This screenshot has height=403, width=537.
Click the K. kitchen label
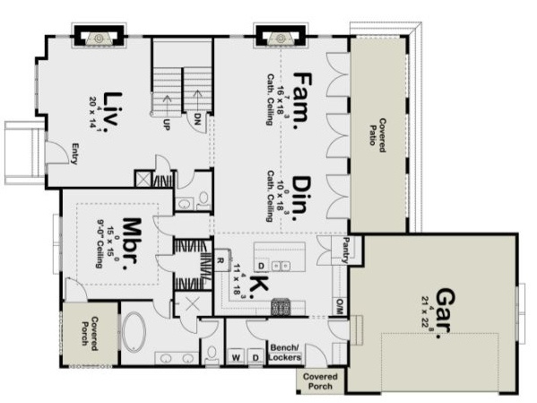click(256, 285)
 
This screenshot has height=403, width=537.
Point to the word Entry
click(74, 154)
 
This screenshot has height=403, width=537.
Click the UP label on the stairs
click(167, 124)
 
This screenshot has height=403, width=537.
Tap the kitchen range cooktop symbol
click(281, 306)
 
